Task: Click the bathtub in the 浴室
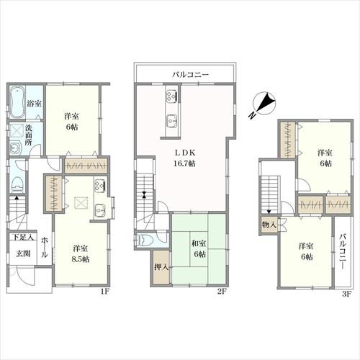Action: (x=17, y=102)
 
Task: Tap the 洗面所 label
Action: (x=29, y=135)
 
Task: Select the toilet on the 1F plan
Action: (x=18, y=184)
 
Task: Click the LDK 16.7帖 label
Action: (x=184, y=158)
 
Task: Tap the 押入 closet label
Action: (x=161, y=267)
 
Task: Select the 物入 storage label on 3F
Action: (x=269, y=225)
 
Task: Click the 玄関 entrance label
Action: (x=23, y=253)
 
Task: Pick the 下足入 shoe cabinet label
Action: (x=23, y=238)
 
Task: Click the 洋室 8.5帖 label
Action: (x=81, y=253)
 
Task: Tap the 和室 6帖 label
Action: (x=199, y=248)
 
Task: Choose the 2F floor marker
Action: (x=222, y=292)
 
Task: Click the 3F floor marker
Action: (x=346, y=294)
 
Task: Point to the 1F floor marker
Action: (x=104, y=292)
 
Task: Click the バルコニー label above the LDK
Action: (x=190, y=74)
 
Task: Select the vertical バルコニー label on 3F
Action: (x=343, y=251)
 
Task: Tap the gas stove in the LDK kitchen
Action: (x=172, y=95)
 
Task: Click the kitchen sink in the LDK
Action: (x=172, y=122)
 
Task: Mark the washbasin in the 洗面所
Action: (x=16, y=148)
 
